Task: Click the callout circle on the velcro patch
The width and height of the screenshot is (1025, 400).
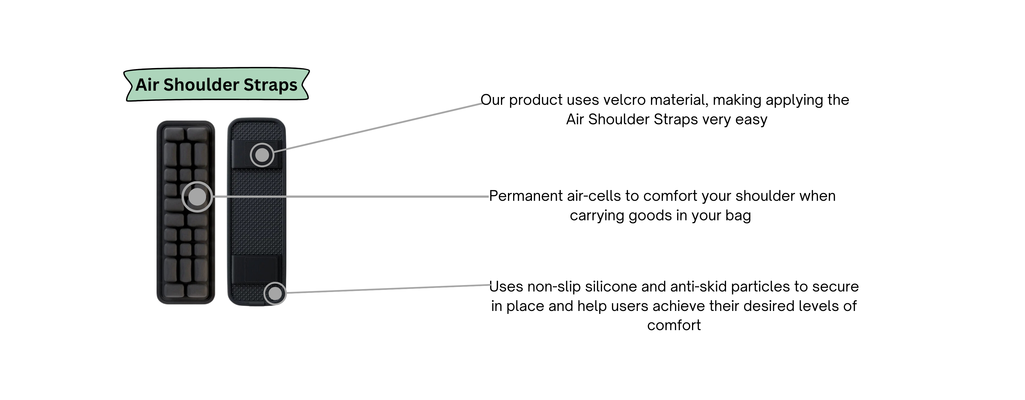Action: [x=262, y=155]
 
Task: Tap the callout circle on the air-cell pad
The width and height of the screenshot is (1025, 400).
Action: [x=197, y=197]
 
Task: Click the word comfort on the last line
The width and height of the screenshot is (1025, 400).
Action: [x=674, y=326]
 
